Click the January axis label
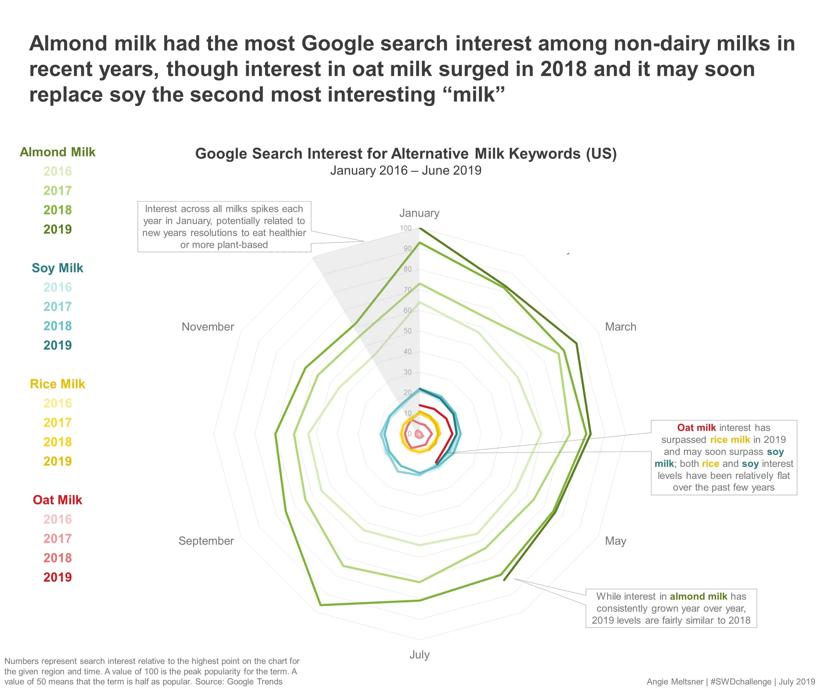click(x=419, y=213)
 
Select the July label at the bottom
click(x=419, y=654)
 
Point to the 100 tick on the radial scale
click(x=405, y=228)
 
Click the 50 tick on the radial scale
click(x=407, y=331)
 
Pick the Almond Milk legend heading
click(x=58, y=152)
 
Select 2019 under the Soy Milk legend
click(x=58, y=345)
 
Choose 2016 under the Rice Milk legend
click(x=58, y=403)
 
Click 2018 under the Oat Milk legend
click(x=58, y=558)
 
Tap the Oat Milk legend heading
click(x=58, y=500)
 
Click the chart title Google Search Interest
click(x=406, y=154)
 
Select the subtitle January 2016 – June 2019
click(x=406, y=170)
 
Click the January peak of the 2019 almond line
click(x=419, y=228)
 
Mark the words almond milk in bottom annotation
click(x=698, y=596)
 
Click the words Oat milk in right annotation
click(x=696, y=428)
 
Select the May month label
click(x=615, y=541)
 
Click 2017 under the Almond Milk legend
click(x=58, y=190)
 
